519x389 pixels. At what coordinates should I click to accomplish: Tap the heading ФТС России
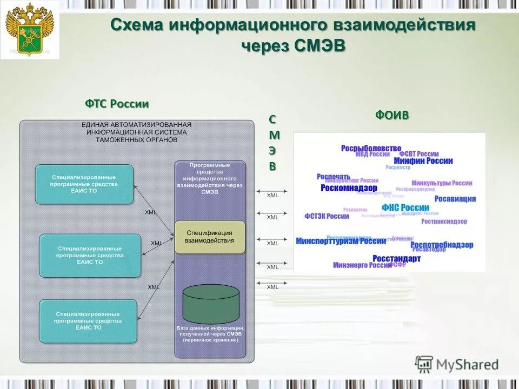point(117,104)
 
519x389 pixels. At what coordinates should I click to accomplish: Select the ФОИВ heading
point(392,115)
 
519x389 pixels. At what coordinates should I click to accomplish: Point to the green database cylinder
point(211,304)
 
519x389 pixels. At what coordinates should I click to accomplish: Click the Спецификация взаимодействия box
point(210,237)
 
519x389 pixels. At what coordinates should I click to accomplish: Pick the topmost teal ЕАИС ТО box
point(84,184)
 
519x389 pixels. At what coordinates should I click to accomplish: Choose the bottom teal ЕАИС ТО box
point(88,321)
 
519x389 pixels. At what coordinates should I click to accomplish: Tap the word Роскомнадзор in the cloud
point(349,188)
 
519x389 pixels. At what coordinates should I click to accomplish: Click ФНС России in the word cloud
point(405,207)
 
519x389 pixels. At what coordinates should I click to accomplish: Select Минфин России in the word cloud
point(423,160)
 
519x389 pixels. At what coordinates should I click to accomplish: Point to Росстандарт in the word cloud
point(396,259)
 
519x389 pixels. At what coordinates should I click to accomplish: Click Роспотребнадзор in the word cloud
point(442,245)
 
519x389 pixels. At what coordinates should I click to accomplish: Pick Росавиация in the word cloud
point(455,199)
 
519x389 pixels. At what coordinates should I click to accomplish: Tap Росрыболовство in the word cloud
point(371,148)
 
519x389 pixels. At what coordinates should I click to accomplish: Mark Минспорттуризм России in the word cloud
point(341,241)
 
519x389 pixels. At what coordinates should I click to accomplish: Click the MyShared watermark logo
point(457,365)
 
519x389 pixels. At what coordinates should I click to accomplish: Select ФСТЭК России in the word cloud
point(327,216)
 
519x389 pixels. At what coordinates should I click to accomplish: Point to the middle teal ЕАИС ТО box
point(90,255)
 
